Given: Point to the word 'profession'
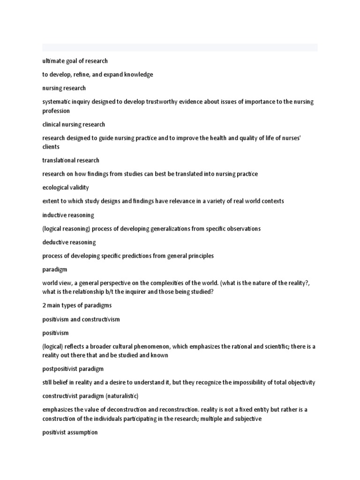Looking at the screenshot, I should click(56, 111).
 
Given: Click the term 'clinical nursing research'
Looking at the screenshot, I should click(74, 125).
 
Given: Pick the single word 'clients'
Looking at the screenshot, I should click(51, 147).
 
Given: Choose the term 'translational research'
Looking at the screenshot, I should click(71, 160).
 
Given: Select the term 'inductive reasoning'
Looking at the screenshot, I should click(68, 215).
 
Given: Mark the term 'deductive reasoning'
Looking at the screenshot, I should click(69, 242).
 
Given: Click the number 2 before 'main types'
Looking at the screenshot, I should click(44, 306).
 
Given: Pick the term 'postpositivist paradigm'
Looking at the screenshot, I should click(73, 369).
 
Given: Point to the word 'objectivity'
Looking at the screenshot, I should click(300, 382).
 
